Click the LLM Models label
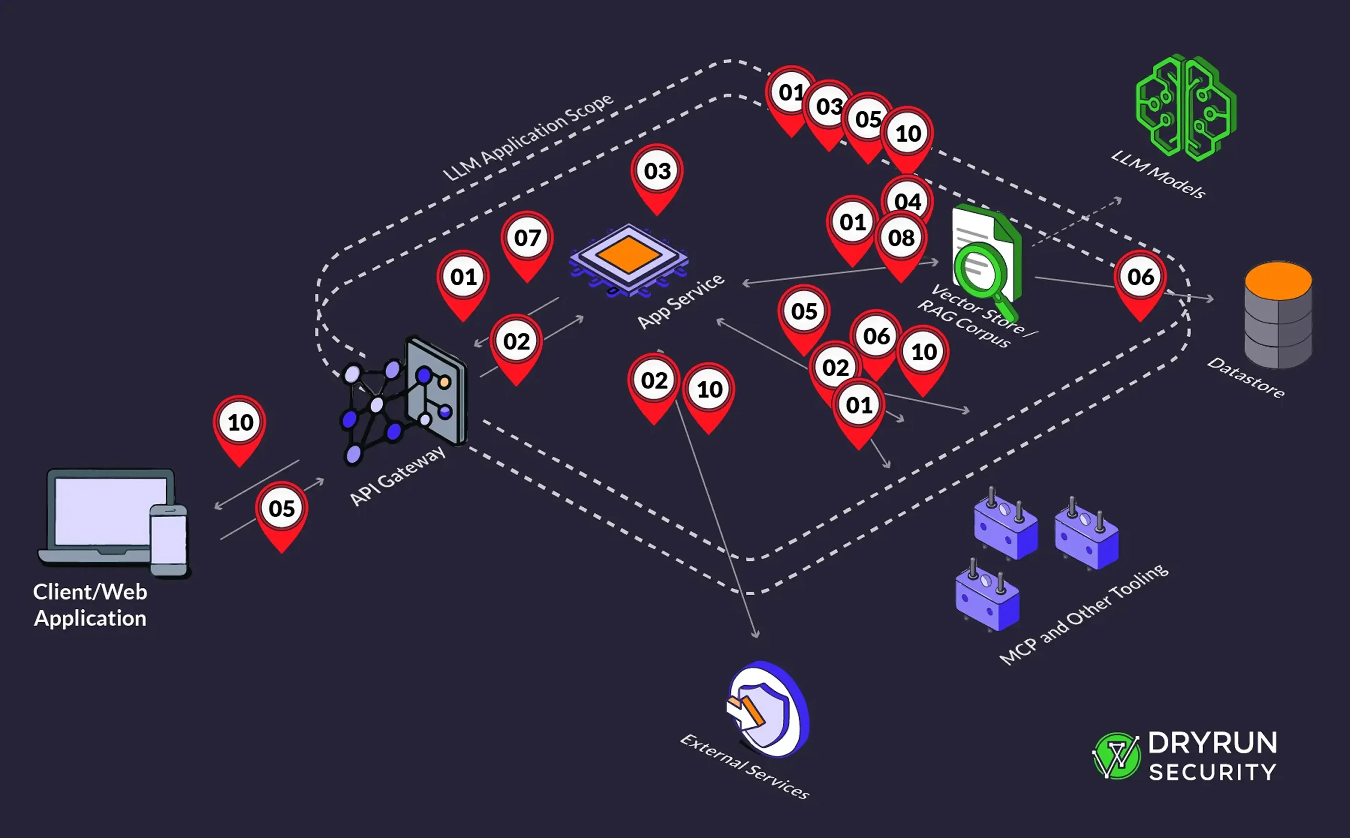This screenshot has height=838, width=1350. click(1159, 174)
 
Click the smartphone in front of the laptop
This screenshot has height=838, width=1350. click(169, 540)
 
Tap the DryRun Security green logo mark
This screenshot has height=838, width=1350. click(1116, 755)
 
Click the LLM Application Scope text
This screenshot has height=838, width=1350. click(528, 137)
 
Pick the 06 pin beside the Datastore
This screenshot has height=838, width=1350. click(1140, 278)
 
